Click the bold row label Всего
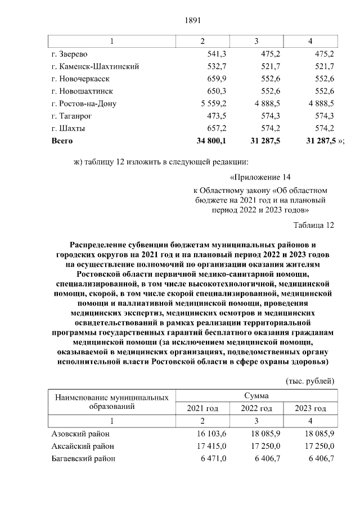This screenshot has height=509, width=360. (x=62, y=140)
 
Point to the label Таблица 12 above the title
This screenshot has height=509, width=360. (x=314, y=225)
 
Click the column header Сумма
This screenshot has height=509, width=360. (x=256, y=396)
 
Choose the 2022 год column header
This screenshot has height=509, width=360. (x=256, y=408)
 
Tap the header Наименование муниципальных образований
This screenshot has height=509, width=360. (x=111, y=402)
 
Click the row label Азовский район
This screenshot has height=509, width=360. (x=80, y=434)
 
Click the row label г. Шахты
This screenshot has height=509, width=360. (x=68, y=128)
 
